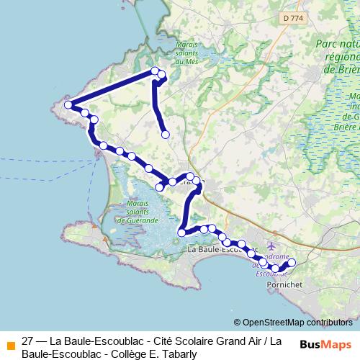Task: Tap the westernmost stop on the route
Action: pyautogui.click(x=69, y=105)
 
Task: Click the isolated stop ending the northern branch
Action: pyautogui.click(x=166, y=134)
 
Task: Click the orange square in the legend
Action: pyautogui.click(x=10, y=344)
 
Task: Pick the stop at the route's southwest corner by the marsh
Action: pyautogui.click(x=182, y=232)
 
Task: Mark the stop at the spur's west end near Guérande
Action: pyautogui.click(x=160, y=187)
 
